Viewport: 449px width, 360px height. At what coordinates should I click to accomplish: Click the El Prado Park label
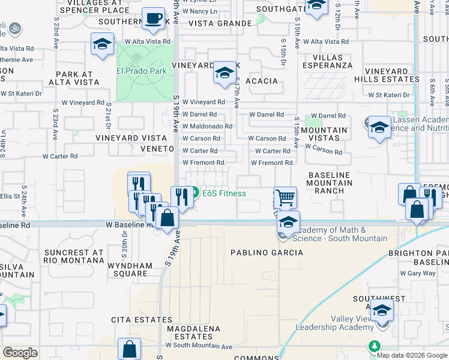141,70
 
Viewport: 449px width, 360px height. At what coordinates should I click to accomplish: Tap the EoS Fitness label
224,194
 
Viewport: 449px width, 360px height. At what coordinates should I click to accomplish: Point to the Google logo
20,352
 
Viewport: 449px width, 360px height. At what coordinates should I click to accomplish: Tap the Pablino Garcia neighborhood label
267,253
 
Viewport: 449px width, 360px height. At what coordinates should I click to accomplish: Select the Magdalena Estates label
190,334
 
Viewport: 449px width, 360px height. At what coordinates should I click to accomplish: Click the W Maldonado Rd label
207,127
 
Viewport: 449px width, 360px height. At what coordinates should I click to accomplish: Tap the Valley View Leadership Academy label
335,323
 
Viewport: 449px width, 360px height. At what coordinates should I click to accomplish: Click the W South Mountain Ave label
199,346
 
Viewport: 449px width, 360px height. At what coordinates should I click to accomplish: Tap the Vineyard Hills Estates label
394,75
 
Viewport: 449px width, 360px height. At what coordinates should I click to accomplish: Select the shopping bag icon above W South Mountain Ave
129,349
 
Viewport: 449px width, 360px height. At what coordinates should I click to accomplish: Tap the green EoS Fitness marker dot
195,194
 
